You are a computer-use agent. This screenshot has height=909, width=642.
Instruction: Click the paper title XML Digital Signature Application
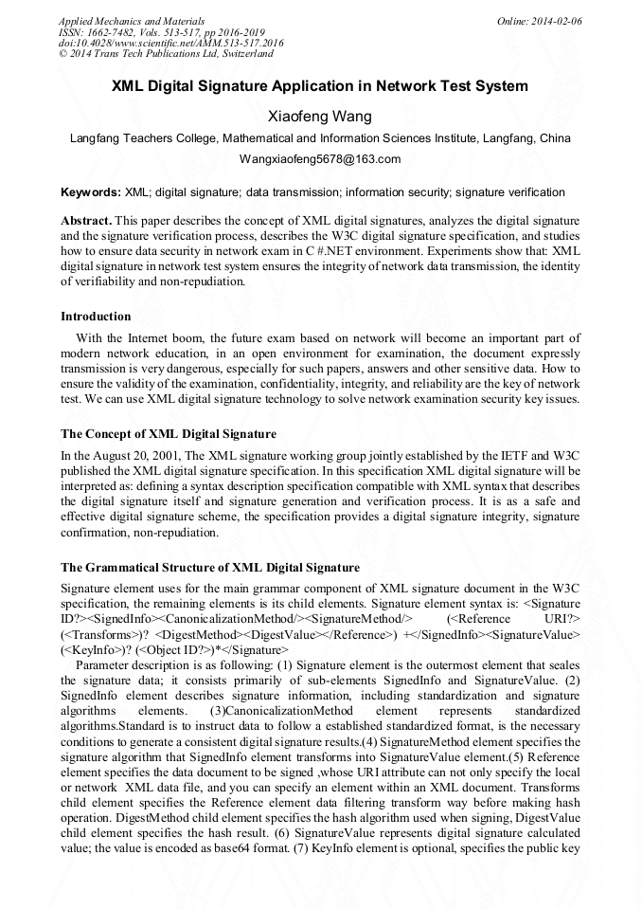pos(320,86)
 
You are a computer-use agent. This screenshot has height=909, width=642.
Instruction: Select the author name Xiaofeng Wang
pos(321,117)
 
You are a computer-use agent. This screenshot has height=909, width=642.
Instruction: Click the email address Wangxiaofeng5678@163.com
pos(320,158)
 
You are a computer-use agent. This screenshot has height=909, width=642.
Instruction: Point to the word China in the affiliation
pos(555,137)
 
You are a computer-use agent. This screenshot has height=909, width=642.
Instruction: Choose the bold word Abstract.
pos(86,218)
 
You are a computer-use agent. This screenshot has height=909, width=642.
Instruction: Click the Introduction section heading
pos(96,316)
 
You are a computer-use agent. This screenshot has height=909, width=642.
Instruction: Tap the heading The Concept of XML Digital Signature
pos(169,433)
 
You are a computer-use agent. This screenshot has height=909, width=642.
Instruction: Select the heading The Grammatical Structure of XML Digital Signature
pos(210,567)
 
